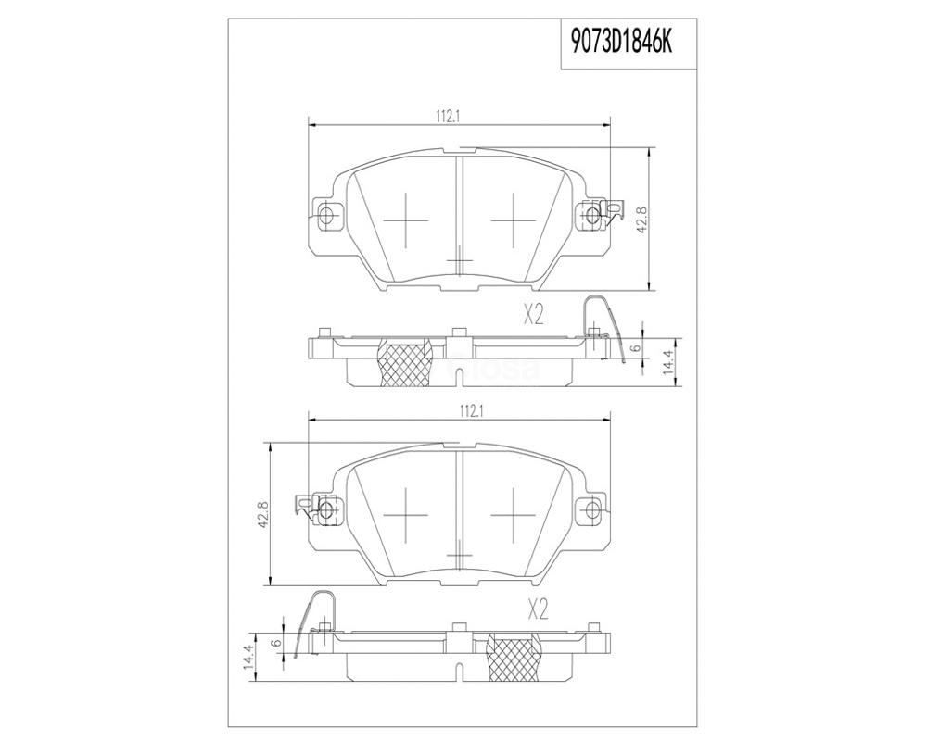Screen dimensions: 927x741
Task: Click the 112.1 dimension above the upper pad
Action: (448, 117)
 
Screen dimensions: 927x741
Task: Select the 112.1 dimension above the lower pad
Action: (471, 412)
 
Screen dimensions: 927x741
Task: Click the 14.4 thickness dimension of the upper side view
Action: (668, 361)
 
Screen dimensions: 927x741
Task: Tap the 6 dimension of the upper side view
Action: (636, 347)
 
